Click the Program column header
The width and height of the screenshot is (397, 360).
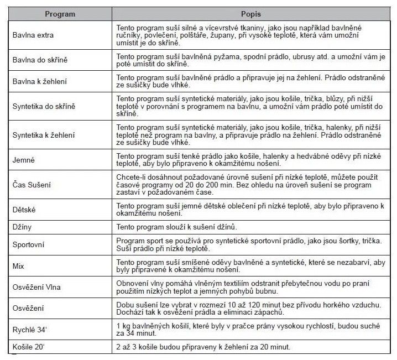59,14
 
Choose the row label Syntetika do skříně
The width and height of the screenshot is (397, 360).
44,106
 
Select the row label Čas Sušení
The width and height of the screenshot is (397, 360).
33,185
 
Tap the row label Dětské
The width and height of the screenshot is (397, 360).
25,210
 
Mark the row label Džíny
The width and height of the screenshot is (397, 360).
23,227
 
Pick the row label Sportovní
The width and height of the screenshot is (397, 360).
29,244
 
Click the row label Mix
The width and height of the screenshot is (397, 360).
18,266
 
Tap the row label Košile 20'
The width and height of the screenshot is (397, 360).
29,347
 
